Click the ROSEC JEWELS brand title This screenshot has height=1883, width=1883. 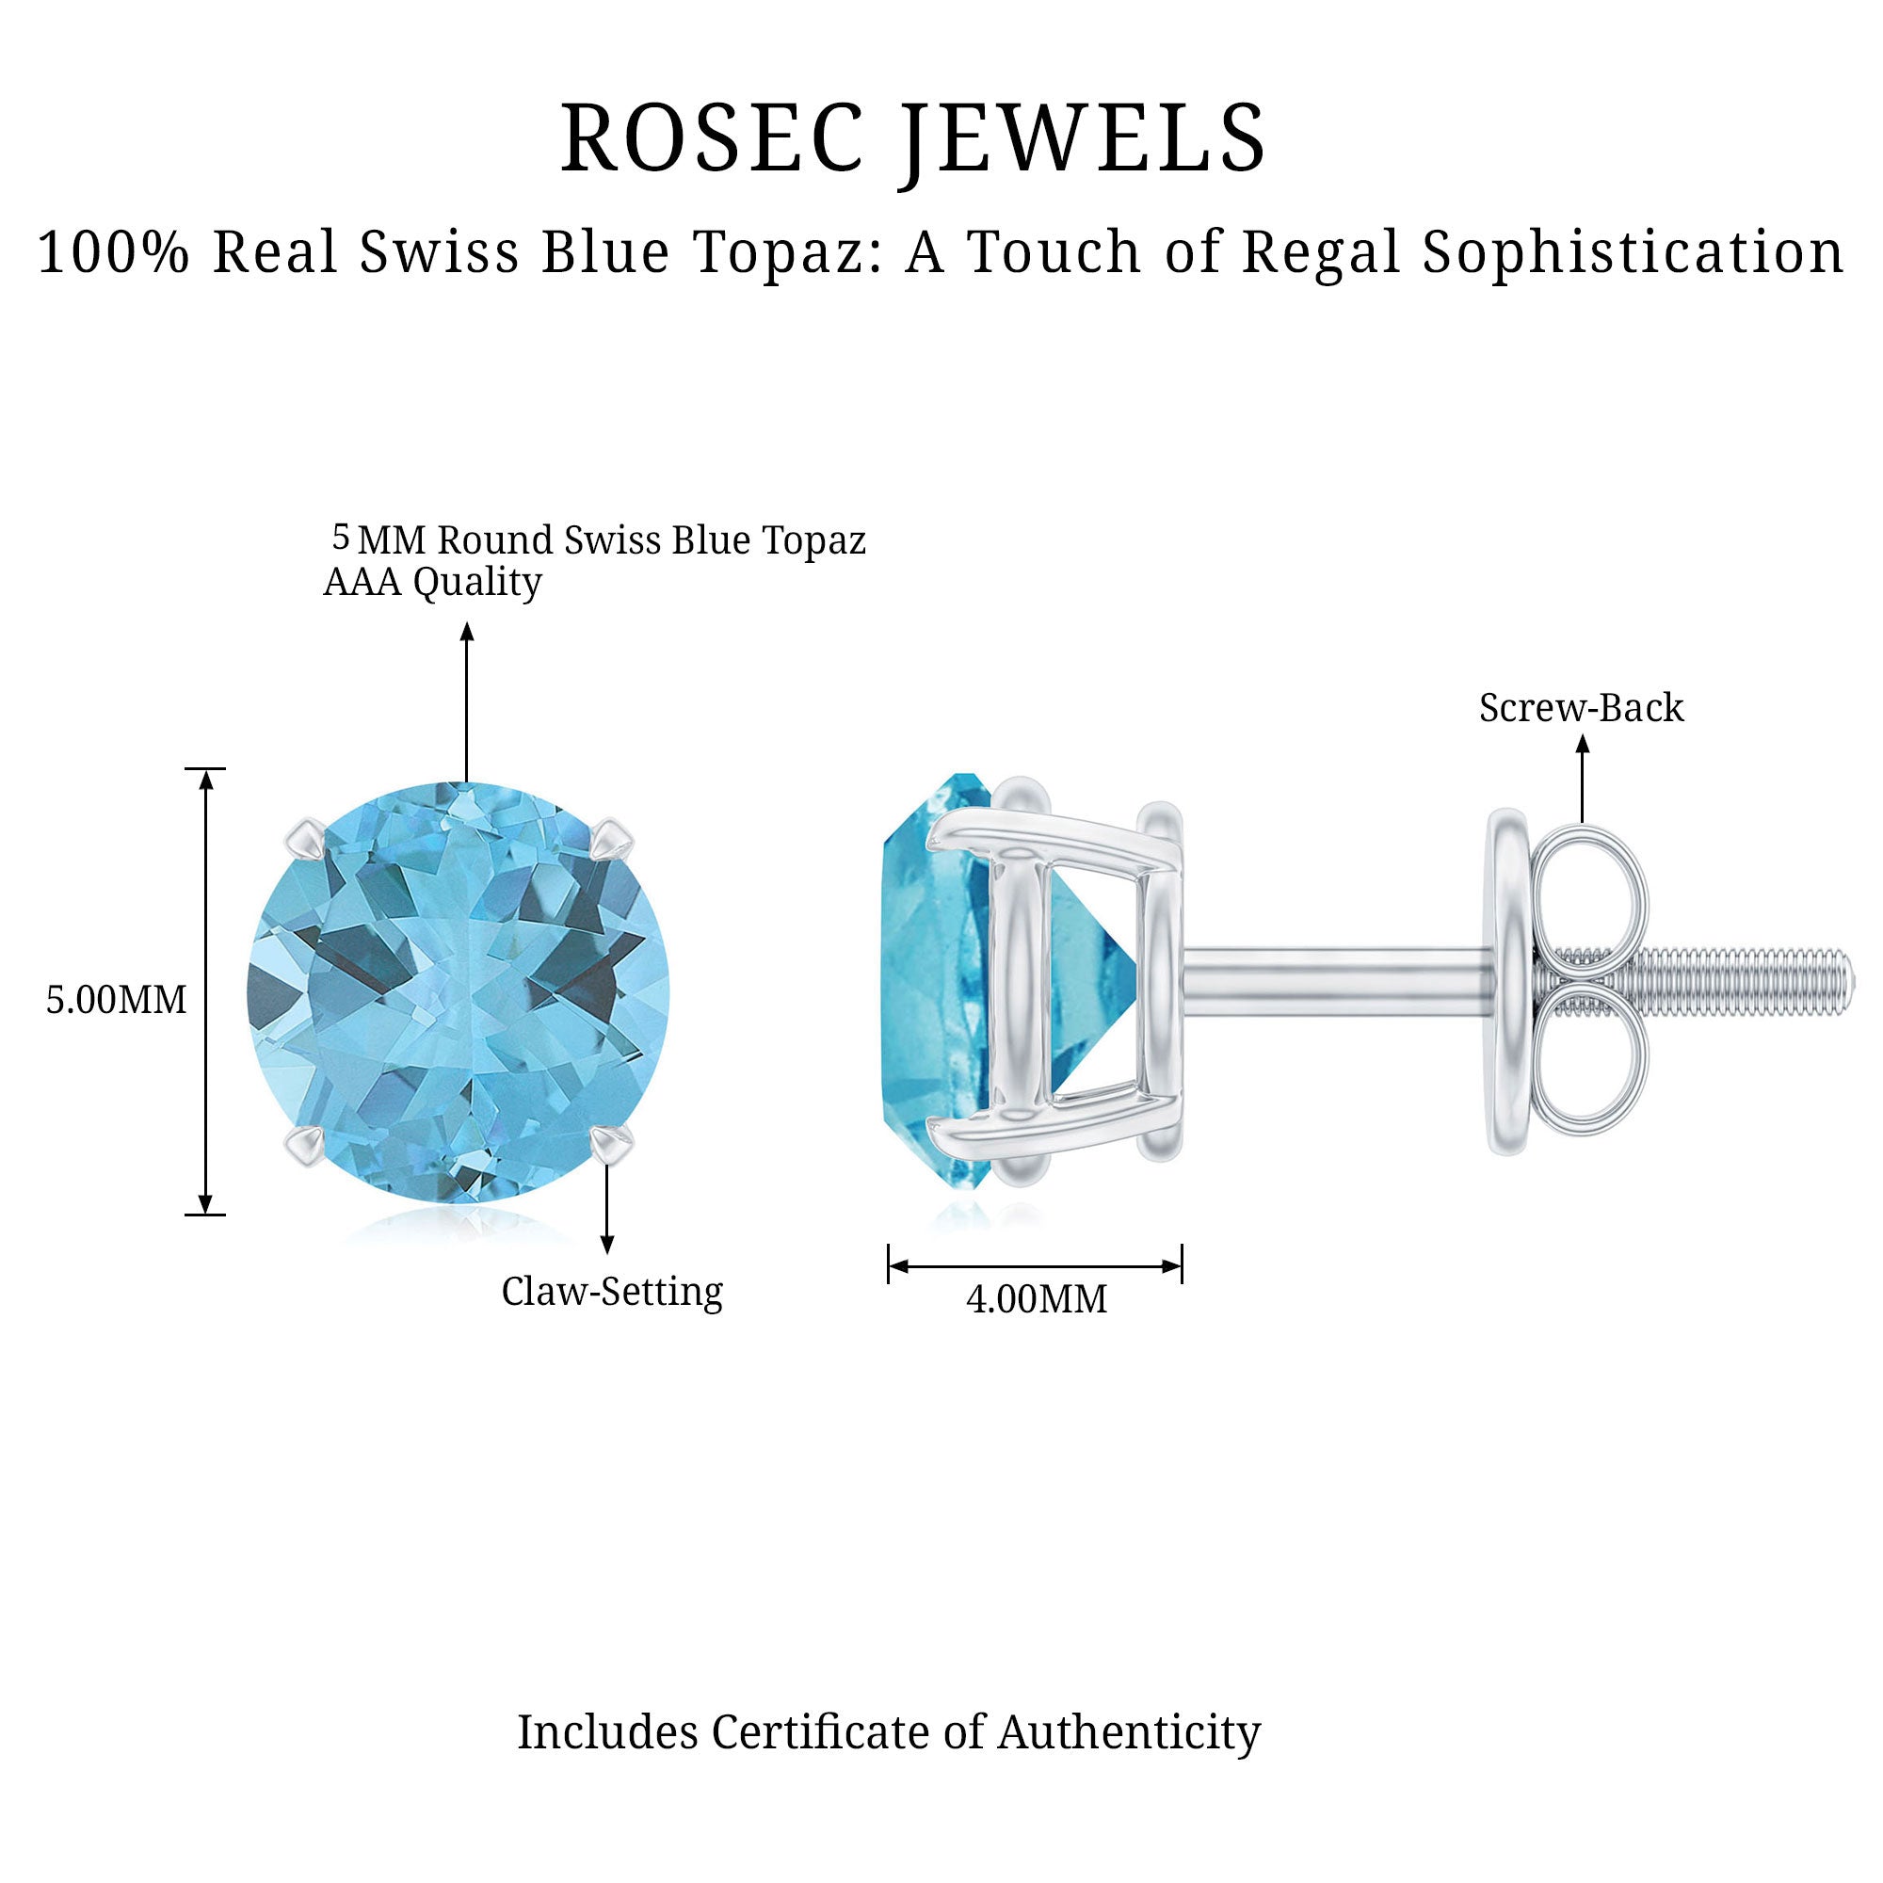[x=913, y=138]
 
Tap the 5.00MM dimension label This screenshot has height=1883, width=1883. [x=116, y=1000]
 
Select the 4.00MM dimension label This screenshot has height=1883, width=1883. [x=1036, y=1299]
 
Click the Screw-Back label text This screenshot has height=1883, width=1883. [x=1581, y=709]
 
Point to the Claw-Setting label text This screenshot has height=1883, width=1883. [x=612, y=1292]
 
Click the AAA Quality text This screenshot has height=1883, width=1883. [x=433, y=582]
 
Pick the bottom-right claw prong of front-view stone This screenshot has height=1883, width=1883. [x=613, y=1143]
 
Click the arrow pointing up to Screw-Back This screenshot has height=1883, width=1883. [x=1583, y=780]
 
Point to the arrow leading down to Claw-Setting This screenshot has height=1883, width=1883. [x=607, y=1209]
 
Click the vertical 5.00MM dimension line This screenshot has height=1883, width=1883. [x=204, y=991]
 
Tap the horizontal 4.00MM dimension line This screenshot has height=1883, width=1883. [x=1035, y=1266]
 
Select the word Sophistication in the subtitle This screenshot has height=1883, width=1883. [x=1633, y=252]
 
